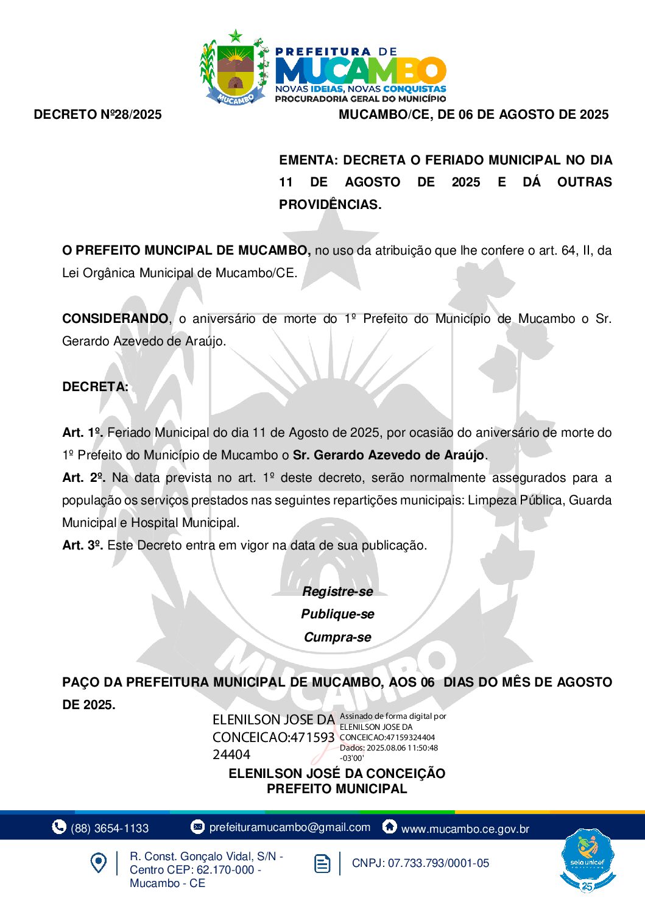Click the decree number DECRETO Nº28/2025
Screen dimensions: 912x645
(x=98, y=115)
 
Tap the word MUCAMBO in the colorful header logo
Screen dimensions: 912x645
(x=361, y=71)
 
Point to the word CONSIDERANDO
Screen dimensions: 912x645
(x=115, y=319)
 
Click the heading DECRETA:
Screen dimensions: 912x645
(x=95, y=387)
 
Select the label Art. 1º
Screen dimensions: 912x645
(x=82, y=433)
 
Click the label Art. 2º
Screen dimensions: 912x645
(x=83, y=478)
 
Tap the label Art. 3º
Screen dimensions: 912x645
(x=82, y=545)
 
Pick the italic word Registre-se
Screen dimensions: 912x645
(x=337, y=592)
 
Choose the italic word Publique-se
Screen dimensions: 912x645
(x=337, y=614)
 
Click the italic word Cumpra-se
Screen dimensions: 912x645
(x=337, y=637)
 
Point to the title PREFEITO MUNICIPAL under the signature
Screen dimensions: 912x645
(x=337, y=789)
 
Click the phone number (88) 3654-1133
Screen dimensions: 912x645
(x=110, y=828)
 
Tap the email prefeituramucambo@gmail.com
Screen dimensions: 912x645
(x=289, y=827)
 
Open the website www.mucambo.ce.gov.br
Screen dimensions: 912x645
(x=465, y=829)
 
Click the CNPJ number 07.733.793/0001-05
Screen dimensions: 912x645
(x=439, y=863)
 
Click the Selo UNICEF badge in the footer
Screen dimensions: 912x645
(x=587, y=860)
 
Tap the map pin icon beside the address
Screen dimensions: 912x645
(x=98, y=863)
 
